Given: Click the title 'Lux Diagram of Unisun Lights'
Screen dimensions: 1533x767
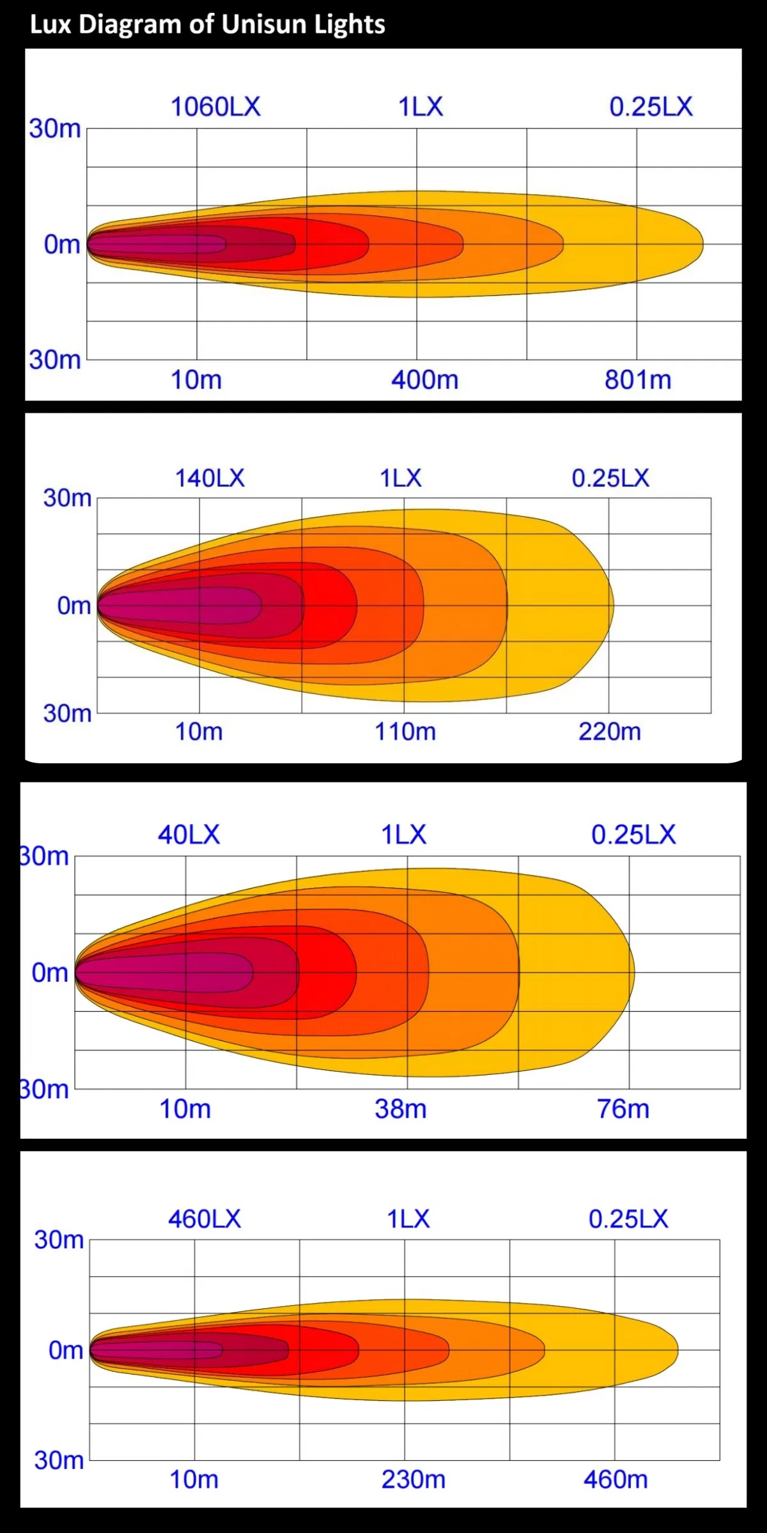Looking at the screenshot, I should (x=207, y=24).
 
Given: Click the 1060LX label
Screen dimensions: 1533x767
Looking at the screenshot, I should (x=215, y=107).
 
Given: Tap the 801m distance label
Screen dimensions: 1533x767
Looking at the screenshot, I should (x=638, y=380).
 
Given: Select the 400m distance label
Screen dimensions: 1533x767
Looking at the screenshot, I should (x=425, y=380).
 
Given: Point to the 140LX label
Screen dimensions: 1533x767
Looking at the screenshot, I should (x=210, y=478).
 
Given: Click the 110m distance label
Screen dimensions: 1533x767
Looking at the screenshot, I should (x=405, y=731).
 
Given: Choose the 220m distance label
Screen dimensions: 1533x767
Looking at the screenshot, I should (x=610, y=731).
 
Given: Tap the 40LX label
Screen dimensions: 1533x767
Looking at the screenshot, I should (x=189, y=835).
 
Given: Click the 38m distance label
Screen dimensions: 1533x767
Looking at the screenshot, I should (x=401, y=1110).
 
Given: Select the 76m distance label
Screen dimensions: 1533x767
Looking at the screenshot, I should (x=623, y=1110).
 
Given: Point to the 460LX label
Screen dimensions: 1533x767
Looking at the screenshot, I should (x=205, y=1219).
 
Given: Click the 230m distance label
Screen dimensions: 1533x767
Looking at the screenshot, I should (x=414, y=1479).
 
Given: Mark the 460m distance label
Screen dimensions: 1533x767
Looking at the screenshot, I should (x=616, y=1479).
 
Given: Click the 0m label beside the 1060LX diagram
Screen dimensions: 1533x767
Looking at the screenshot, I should (x=62, y=244).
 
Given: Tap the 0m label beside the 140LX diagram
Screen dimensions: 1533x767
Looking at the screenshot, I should (x=74, y=606).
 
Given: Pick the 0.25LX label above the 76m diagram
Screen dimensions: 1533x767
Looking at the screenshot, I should (x=633, y=835).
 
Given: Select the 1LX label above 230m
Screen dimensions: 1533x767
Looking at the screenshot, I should (x=408, y=1219).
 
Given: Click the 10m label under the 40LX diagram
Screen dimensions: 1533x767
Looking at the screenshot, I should (x=185, y=1110).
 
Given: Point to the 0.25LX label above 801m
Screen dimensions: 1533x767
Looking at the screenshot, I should (x=651, y=107).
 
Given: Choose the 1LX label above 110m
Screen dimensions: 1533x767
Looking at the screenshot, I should (x=401, y=478).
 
